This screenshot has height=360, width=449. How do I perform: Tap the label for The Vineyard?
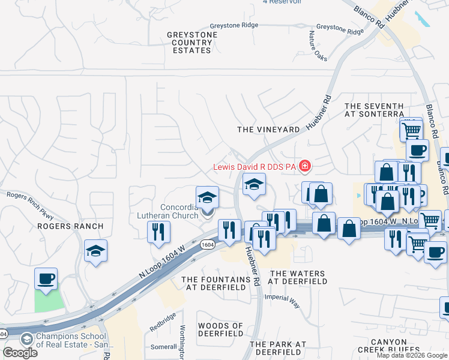pyautogui.click(x=268, y=130)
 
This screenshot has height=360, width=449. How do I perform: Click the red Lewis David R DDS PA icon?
pyautogui.click(x=305, y=165)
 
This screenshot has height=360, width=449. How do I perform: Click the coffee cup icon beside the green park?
pyautogui.click(x=46, y=279)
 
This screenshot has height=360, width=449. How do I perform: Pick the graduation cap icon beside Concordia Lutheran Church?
pyautogui.click(x=207, y=197)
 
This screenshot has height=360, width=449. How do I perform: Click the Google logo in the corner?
pyautogui.click(x=20, y=352)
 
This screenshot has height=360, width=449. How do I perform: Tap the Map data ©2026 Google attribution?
pyautogui.click(x=411, y=355)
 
